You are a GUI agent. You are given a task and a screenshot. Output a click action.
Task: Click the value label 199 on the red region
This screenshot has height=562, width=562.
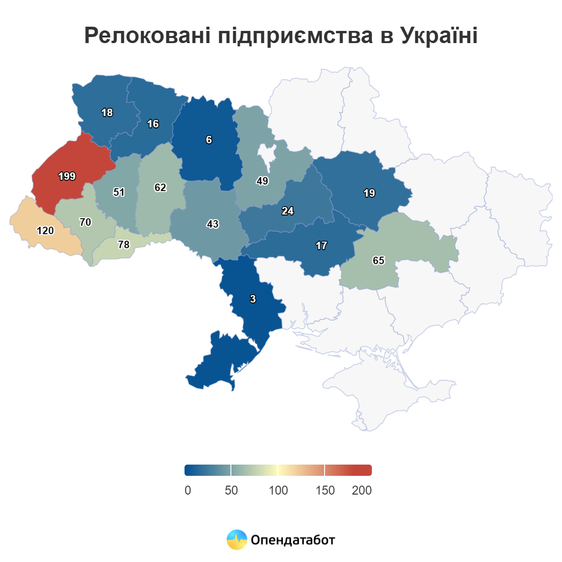click(x=67, y=177)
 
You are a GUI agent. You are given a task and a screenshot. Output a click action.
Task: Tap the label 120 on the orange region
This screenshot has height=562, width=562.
click(x=45, y=231)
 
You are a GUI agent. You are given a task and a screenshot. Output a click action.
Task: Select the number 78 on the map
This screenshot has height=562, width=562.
click(x=124, y=245)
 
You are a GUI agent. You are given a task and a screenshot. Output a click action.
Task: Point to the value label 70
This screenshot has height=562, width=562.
click(x=85, y=222)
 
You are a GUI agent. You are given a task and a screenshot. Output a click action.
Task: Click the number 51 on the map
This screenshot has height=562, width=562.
click(x=119, y=192)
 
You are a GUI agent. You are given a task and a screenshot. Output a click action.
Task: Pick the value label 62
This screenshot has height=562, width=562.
click(x=160, y=188)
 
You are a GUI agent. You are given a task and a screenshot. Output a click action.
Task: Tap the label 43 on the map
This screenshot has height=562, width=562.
click(x=213, y=224)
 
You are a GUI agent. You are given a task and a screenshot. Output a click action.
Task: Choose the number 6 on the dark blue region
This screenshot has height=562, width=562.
click(x=209, y=140)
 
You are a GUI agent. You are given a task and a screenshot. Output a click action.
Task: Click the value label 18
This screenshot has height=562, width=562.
click(x=107, y=113)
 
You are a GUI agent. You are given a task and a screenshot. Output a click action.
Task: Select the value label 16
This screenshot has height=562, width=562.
click(x=153, y=124)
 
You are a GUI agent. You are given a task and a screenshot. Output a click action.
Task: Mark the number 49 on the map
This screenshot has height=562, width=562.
click(x=262, y=181)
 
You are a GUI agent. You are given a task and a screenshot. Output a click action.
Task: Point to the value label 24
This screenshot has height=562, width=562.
click(x=288, y=211)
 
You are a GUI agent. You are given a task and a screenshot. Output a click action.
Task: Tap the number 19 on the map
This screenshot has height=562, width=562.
click(x=369, y=193)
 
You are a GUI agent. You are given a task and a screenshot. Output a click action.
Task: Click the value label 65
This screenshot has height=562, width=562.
click(x=378, y=261)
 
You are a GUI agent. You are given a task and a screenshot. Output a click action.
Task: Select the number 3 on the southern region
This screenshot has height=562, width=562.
click(x=253, y=299)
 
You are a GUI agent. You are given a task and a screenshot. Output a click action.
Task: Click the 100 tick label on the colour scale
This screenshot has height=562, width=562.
click(x=278, y=490)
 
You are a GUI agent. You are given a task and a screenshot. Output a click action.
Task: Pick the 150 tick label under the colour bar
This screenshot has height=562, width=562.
click(x=325, y=490)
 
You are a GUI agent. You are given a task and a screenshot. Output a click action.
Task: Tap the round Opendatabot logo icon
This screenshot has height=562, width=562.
click(x=237, y=540)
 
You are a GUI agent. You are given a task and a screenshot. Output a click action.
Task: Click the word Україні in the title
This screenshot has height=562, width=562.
click(x=439, y=36)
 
